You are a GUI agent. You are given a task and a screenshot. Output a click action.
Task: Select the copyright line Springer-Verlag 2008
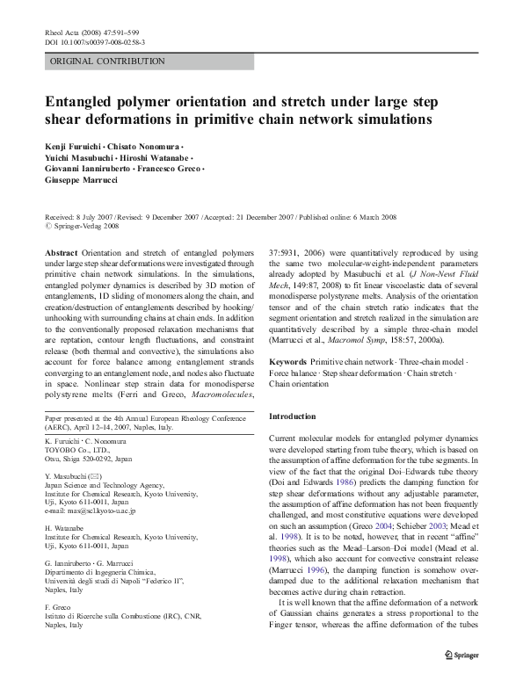[x=84, y=224]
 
